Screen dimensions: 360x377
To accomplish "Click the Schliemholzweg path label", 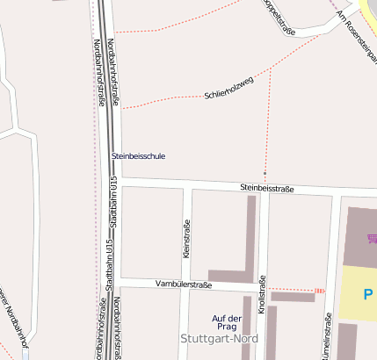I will click(x=228, y=88).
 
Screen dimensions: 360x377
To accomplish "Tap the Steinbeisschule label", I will click(x=138, y=156).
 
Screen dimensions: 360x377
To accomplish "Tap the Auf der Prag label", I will click(x=227, y=322).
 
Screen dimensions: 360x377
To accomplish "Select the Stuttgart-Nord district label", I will click(x=214, y=338).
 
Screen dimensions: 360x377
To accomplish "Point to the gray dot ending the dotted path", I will click(x=265, y=173).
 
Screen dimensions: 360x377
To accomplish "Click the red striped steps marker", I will click(x=320, y=290).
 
